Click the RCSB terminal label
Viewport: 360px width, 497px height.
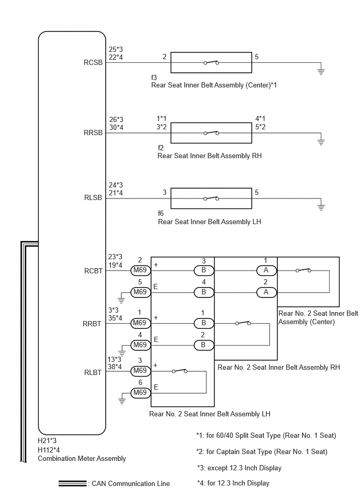tap(93, 62)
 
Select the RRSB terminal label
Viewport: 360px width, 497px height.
tap(93, 132)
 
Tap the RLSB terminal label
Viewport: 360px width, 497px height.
tap(93, 197)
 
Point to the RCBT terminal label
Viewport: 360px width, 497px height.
tap(94, 271)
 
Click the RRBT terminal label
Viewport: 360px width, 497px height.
tap(92, 324)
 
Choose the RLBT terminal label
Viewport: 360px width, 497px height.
tap(93, 372)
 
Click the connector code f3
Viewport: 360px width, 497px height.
tap(154, 78)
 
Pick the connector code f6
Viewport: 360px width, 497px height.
tap(161, 213)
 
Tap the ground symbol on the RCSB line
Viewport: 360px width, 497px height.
tap(321, 71)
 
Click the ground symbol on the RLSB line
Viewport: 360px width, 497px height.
tap(321, 207)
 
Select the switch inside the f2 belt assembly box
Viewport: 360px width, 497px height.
tap(211, 133)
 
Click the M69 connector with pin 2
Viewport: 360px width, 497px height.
tap(140, 270)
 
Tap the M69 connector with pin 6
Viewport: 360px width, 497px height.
tap(140, 392)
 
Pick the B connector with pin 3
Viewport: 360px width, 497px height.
tap(204, 270)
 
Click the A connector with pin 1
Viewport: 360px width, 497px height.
tap(266, 270)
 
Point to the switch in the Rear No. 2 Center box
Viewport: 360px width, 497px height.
tap(303, 270)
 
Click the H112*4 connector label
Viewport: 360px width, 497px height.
tap(49, 450)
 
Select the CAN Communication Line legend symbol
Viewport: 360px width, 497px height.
tap(73, 483)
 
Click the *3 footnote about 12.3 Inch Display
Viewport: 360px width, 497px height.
tap(239, 468)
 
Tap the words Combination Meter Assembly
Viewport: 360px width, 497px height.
tap(82, 458)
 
